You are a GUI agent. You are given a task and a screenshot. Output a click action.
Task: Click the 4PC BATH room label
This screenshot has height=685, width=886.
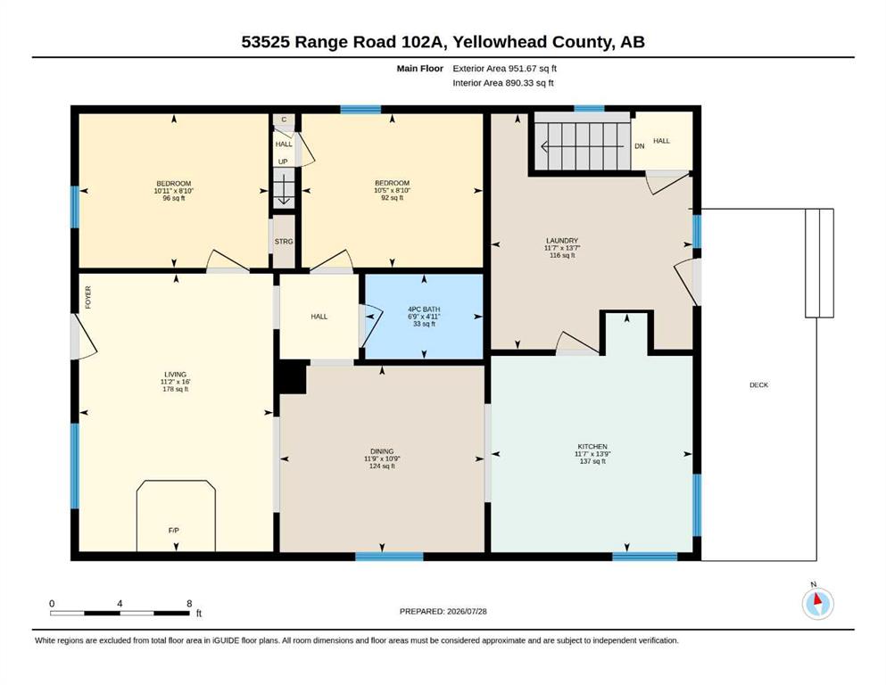(424, 309)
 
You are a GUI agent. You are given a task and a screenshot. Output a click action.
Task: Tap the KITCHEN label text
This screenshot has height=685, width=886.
(592, 447)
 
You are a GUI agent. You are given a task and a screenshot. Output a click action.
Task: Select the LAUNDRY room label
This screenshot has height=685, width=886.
(562, 241)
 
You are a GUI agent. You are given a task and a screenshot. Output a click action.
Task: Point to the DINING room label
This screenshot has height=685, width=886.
(382, 452)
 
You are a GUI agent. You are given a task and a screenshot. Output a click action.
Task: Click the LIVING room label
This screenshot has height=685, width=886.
(175, 375)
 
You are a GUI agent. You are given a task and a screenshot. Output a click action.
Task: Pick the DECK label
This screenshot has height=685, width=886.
(759, 385)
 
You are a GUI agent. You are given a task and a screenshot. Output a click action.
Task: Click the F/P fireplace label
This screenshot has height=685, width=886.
(173, 531)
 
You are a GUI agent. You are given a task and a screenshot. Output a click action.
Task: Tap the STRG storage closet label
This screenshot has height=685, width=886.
(284, 242)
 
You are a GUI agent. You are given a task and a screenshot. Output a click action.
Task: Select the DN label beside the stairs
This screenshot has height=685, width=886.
(639, 146)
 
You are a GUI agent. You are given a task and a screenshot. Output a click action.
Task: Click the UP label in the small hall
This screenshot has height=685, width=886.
(283, 161)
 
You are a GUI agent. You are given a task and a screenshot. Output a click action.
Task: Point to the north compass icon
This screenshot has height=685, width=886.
(817, 602)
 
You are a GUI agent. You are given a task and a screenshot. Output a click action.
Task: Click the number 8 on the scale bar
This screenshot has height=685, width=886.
(189, 604)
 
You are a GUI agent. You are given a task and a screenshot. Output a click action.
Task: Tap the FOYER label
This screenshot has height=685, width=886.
(88, 298)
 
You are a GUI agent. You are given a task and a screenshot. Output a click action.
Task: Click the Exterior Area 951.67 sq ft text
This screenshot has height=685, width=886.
(505, 69)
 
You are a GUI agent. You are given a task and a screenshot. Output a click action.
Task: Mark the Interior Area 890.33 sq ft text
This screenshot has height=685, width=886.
(503, 83)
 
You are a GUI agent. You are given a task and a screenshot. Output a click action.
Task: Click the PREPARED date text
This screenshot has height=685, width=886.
(443, 612)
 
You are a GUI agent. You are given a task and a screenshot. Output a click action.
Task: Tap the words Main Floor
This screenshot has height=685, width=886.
(420, 69)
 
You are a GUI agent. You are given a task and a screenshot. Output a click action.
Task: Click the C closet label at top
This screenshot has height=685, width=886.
(284, 120)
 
